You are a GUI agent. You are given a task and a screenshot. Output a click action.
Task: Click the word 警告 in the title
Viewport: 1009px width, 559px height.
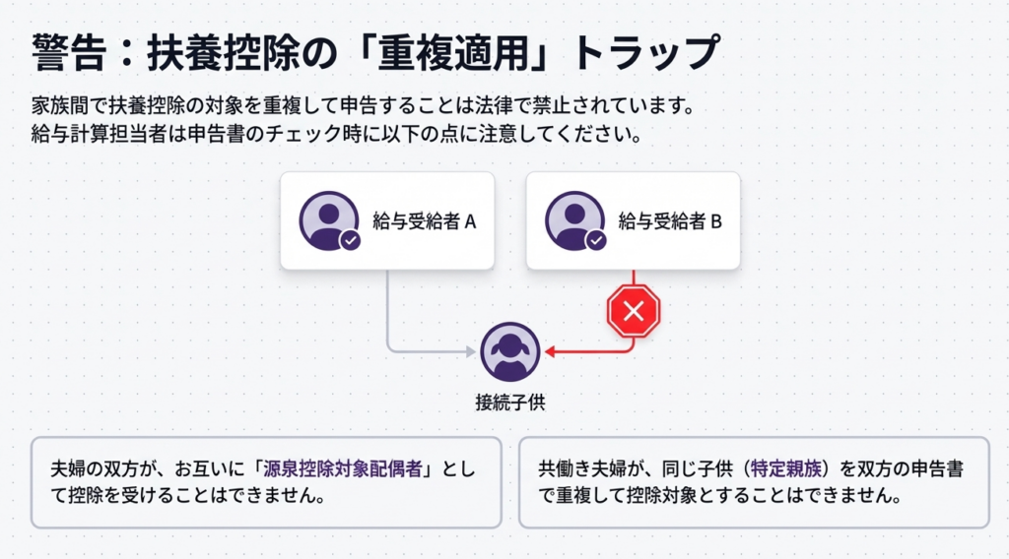tap(66, 52)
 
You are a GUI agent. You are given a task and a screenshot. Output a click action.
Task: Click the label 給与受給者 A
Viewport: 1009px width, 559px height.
tap(425, 221)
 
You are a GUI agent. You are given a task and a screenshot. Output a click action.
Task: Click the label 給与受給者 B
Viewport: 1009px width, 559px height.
tap(670, 221)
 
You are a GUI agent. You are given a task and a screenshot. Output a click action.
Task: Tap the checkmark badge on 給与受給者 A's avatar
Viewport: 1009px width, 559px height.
tap(350, 240)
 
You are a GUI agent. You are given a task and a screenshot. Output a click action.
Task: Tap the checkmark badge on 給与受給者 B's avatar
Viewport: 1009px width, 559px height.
tap(596, 240)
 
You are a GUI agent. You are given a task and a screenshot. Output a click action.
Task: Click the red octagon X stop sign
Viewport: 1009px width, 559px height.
tap(634, 313)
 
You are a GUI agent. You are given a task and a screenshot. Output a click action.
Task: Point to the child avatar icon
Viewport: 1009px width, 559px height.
tap(510, 351)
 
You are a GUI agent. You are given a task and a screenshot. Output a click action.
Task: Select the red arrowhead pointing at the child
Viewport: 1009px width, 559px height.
tap(550, 350)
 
